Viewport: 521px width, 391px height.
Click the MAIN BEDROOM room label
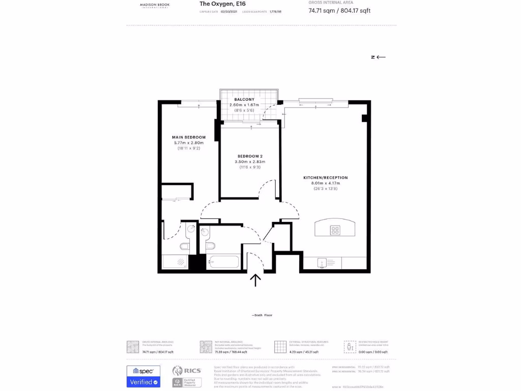189,137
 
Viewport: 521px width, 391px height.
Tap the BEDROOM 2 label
250,156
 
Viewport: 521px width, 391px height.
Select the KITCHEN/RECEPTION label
326,178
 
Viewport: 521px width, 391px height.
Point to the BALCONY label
244,99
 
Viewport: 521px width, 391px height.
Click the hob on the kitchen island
335,230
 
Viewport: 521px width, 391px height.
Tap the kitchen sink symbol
322,263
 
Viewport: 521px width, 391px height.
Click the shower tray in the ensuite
175,262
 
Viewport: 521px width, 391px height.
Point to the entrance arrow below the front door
255,281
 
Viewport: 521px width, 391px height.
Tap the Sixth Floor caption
262,315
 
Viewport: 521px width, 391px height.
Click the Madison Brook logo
155,5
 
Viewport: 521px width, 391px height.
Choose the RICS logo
187,371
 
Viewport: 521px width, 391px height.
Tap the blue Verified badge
143,382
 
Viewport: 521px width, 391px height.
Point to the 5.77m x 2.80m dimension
189,143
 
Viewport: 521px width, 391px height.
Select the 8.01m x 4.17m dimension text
326,183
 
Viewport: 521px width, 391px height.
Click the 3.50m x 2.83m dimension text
250,161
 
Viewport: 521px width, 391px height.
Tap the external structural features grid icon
280,347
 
